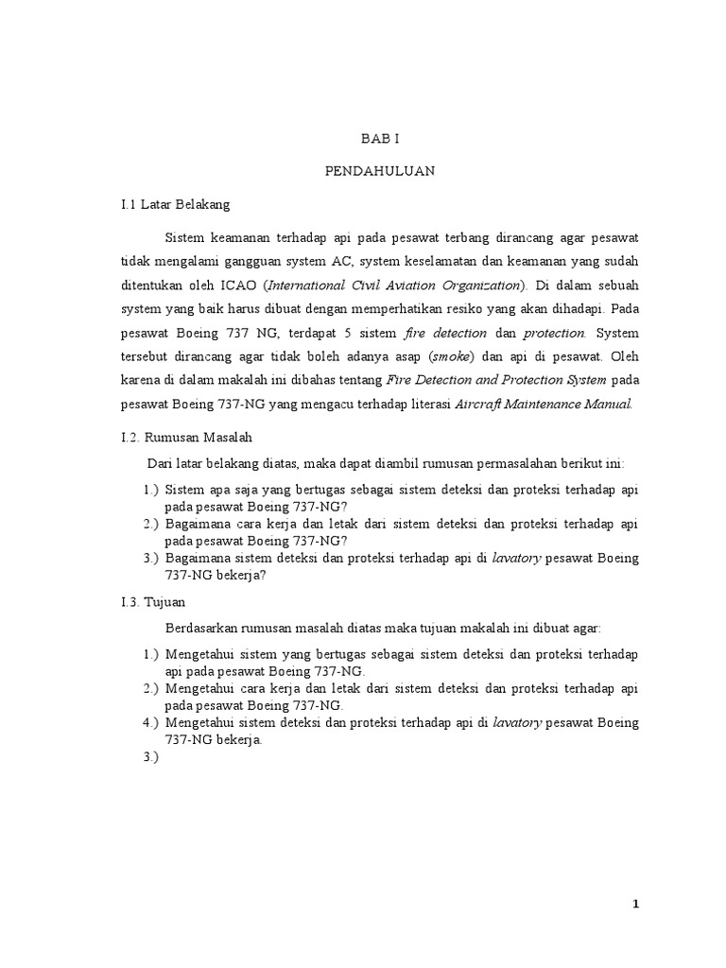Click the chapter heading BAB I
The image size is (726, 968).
tap(381, 138)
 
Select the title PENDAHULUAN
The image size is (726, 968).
tap(381, 171)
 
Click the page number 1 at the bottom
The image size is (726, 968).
tap(636, 904)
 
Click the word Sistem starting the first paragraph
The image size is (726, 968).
tap(183, 236)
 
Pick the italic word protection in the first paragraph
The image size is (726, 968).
tap(555, 334)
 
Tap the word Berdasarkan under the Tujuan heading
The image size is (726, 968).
tap(202, 628)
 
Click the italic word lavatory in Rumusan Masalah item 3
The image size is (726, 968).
tap(516, 558)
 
